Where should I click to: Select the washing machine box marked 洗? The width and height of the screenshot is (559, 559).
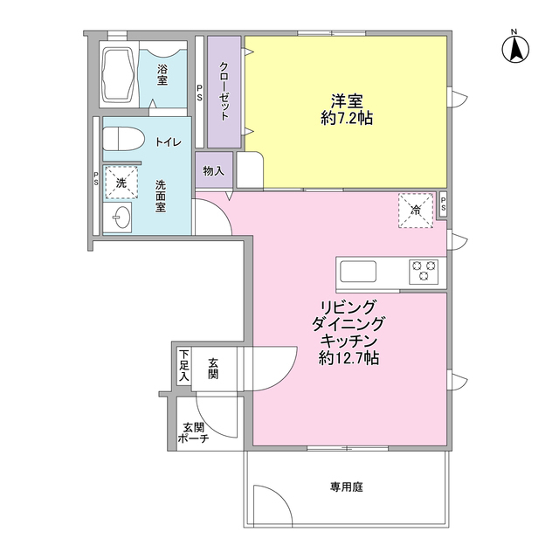coord(121,183)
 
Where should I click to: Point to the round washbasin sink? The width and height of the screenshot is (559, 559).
coord(120,217)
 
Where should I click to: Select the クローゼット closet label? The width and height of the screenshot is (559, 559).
coord(224,92)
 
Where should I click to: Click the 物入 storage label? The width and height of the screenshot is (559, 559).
coord(213,171)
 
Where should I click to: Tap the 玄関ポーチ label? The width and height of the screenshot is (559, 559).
coord(194,433)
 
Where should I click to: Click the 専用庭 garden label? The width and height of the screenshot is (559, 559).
coord(346,487)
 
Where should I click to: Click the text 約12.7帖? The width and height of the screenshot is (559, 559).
coord(349,358)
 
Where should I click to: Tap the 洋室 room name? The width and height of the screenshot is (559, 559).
coord(346,99)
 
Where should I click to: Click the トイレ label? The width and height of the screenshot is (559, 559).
coord(169,141)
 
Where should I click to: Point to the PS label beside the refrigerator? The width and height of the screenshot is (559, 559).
coord(443,204)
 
